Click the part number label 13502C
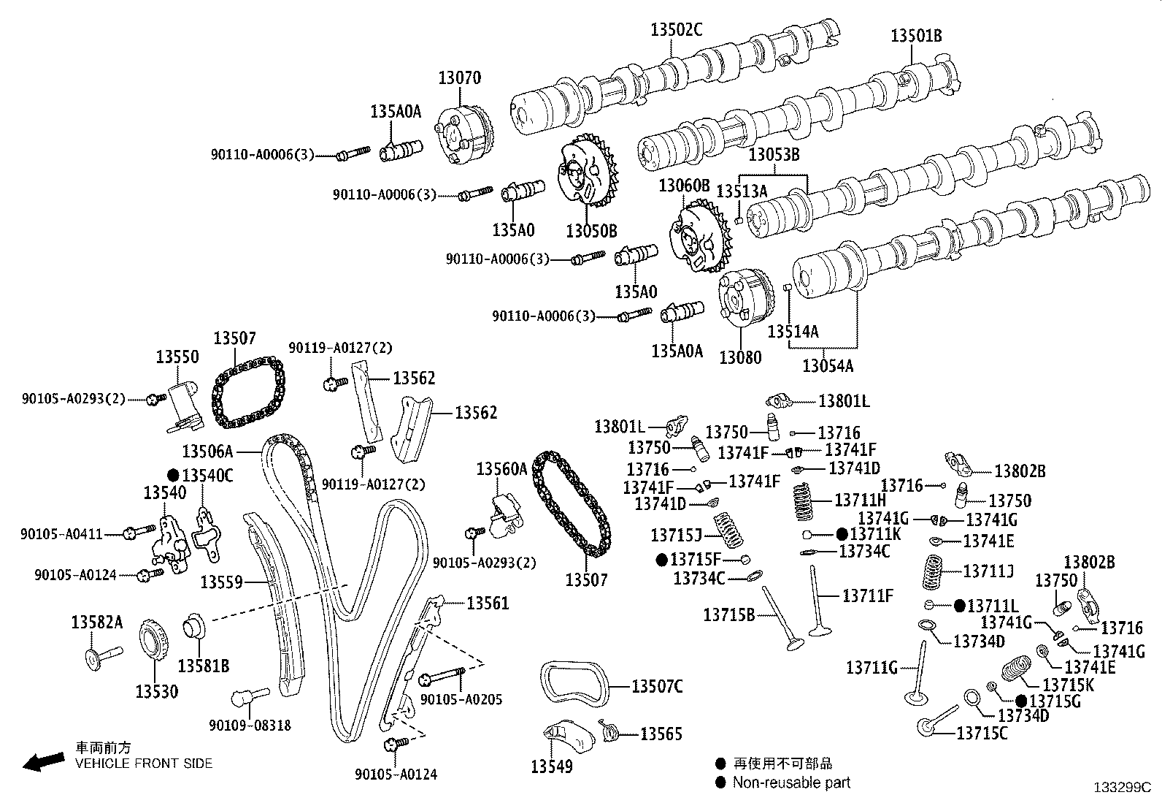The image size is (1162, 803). pos(676,29)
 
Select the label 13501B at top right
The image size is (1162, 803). pos(916,35)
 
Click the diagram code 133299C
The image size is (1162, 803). pos(1121,788)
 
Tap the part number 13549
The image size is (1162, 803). pos(552,766)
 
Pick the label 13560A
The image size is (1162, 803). pos(501,469)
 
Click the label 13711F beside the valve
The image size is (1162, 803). pos(868,595)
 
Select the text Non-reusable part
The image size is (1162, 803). pos(792,783)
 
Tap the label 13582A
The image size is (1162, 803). pos(97,622)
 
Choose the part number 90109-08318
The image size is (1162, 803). pos(250,726)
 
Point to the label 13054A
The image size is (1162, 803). pos(828,365)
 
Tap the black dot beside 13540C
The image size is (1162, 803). pos(173,475)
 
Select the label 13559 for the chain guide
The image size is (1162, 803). pos(221,582)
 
